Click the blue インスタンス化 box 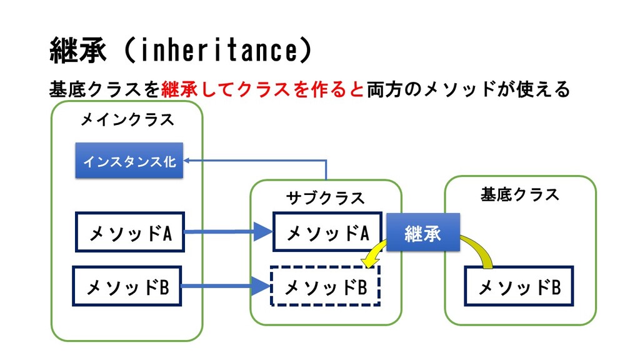(129, 161)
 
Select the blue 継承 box (423, 232)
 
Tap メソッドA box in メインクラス (130, 232)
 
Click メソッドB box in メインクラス (127, 286)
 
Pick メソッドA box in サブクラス (327, 231)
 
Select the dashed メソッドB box (325, 286)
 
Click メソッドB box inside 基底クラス (519, 286)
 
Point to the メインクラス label (127, 119)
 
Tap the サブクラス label (325, 198)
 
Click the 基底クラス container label (519, 194)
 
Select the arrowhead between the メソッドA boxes (263, 231)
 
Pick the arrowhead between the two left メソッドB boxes (261, 286)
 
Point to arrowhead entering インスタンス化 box (186, 161)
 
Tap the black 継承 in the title (78, 50)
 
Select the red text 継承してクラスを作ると (262, 89)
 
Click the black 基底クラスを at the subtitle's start (105, 89)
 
